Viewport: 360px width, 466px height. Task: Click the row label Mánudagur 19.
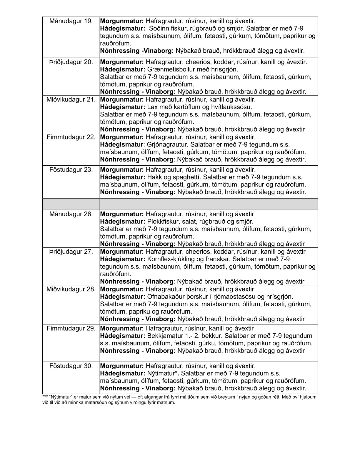pyautogui.click(x=71, y=21)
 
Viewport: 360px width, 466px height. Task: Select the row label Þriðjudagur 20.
pyautogui.click(x=71, y=62)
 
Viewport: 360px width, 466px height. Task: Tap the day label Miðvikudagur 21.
pyautogui.click(x=71, y=99)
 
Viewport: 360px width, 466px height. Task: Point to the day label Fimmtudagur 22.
pyautogui.click(x=71, y=137)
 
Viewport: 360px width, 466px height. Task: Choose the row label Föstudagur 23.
pyautogui.click(x=71, y=170)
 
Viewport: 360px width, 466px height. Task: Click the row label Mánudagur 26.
pyautogui.click(x=71, y=214)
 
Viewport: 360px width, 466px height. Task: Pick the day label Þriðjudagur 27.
pyautogui.click(x=71, y=252)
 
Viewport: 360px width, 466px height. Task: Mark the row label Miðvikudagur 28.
pyautogui.click(x=71, y=289)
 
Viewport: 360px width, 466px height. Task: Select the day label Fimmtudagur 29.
pyautogui.click(x=71, y=328)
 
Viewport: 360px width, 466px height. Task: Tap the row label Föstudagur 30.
pyautogui.click(x=71, y=366)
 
